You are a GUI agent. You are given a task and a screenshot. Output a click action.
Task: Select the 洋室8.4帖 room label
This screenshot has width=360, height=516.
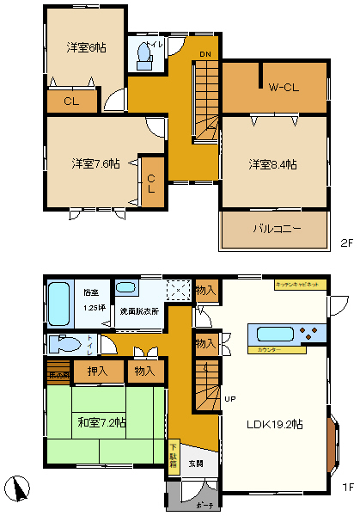(x=272, y=163)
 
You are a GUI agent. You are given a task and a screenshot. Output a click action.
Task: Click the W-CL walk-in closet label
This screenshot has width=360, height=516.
(x=282, y=87)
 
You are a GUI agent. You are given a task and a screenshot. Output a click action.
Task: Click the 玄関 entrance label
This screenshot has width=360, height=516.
(x=196, y=463)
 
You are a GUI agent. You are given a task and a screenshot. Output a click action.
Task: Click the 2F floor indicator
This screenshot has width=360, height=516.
(x=346, y=243)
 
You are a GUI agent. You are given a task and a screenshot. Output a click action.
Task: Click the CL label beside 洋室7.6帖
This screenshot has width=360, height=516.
(x=151, y=182)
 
